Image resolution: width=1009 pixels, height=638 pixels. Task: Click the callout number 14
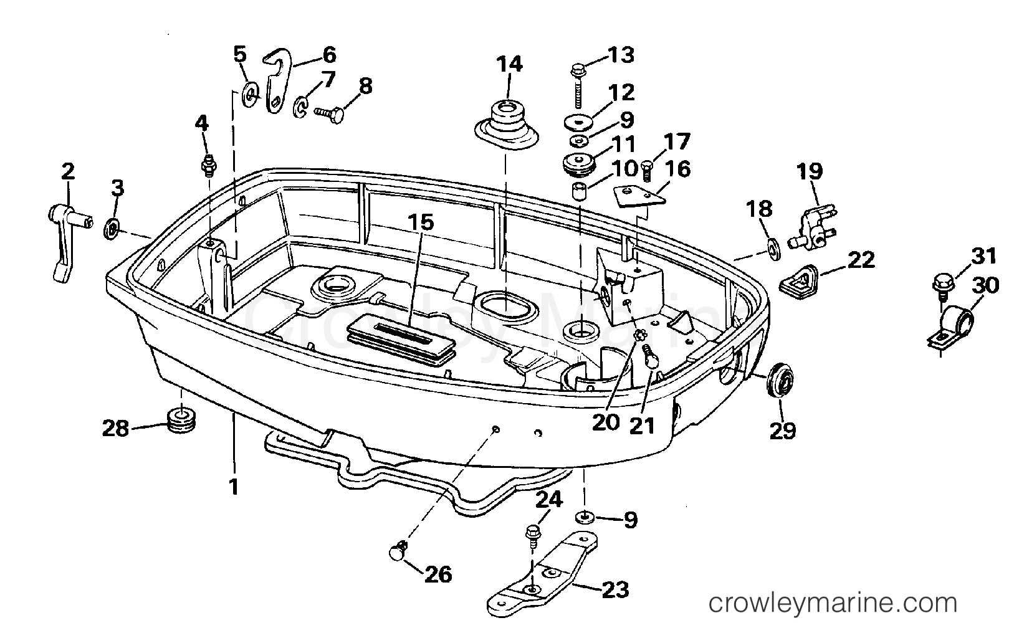tap(509, 64)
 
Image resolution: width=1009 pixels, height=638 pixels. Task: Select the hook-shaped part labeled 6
tap(277, 81)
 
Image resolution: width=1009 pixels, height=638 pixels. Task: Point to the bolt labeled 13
tap(578, 90)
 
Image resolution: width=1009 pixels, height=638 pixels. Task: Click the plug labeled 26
tap(397, 551)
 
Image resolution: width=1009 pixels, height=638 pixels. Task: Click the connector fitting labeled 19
tap(812, 227)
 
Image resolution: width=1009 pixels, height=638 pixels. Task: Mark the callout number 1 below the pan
tap(233, 486)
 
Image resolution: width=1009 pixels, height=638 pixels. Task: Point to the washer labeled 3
tap(112, 228)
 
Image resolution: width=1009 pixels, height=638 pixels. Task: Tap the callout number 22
tap(861, 260)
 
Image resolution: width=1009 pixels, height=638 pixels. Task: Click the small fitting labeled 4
tap(208, 166)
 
